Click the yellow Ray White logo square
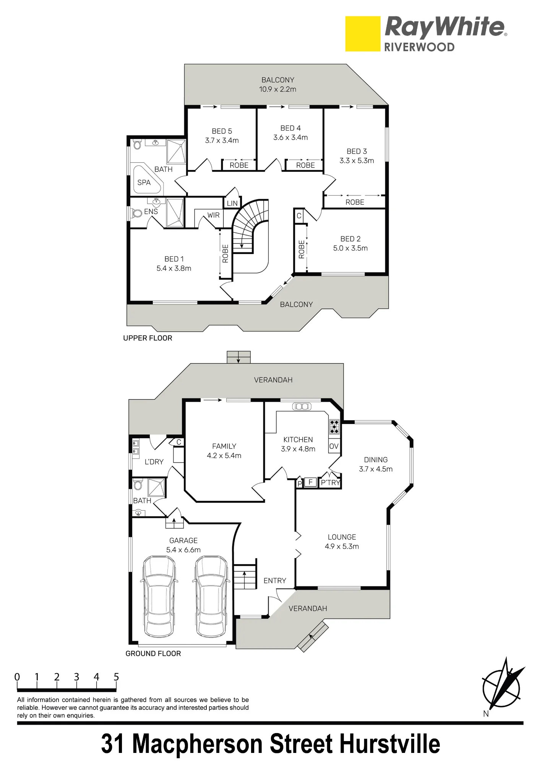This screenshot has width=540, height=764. click(x=363, y=34)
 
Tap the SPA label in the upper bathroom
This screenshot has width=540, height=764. click(x=144, y=183)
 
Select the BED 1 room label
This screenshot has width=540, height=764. click(x=174, y=259)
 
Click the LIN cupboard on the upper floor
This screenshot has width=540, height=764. click(x=232, y=203)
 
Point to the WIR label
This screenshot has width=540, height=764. click(x=214, y=215)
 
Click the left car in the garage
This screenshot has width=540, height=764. click(x=160, y=596)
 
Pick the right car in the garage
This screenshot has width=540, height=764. click(x=212, y=596)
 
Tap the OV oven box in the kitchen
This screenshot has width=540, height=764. click(x=334, y=446)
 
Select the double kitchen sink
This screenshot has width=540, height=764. click(x=302, y=406)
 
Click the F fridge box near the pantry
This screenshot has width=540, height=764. click(x=311, y=482)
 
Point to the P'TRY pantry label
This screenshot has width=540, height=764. click(x=330, y=483)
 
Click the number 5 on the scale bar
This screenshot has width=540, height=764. click(x=116, y=677)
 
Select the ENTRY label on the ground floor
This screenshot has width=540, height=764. click(x=275, y=581)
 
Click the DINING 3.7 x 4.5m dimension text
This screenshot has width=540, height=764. click(x=376, y=469)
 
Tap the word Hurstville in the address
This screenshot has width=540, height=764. click(x=390, y=744)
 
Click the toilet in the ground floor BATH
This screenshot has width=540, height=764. click(x=138, y=485)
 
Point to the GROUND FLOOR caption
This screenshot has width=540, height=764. click(x=153, y=654)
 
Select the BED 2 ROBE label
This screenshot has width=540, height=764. click(x=302, y=249)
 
